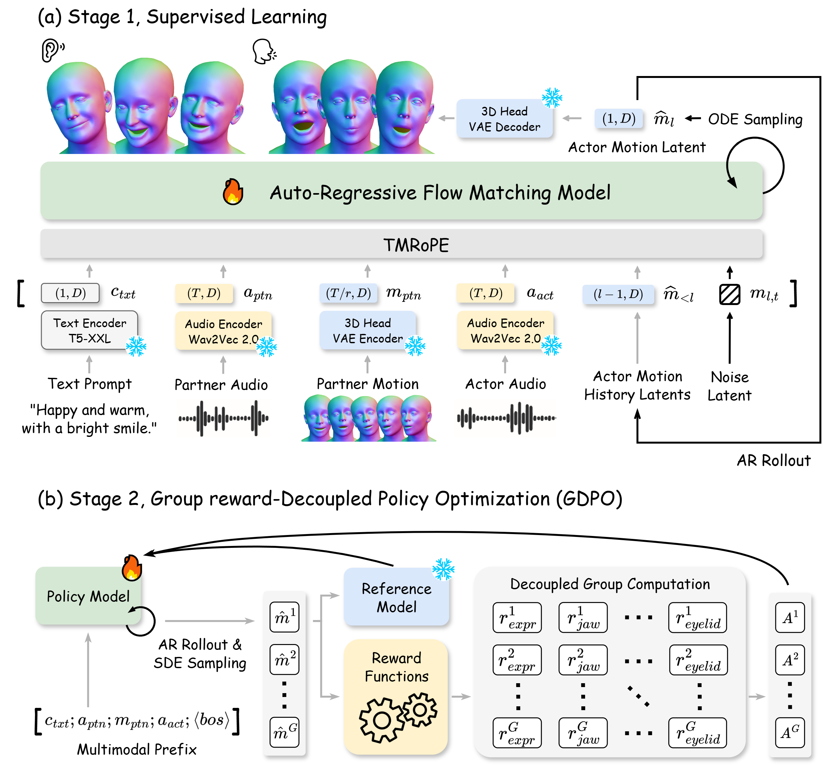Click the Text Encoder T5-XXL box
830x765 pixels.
(x=90, y=330)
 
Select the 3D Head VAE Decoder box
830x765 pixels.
(x=504, y=118)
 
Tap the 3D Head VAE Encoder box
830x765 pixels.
(x=367, y=330)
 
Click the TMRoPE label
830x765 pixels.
(x=416, y=245)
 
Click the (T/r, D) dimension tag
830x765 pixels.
(x=348, y=293)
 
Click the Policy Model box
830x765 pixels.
(x=88, y=596)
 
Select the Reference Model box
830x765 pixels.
(x=396, y=597)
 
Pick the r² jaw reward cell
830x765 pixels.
(x=583, y=660)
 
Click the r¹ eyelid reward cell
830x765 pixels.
(x=697, y=617)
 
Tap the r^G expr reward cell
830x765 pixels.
(x=517, y=733)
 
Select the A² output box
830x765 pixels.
(x=790, y=660)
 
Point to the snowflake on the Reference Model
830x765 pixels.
(x=443, y=569)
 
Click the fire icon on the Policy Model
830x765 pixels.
(x=132, y=568)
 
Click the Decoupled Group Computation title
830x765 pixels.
(x=610, y=584)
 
